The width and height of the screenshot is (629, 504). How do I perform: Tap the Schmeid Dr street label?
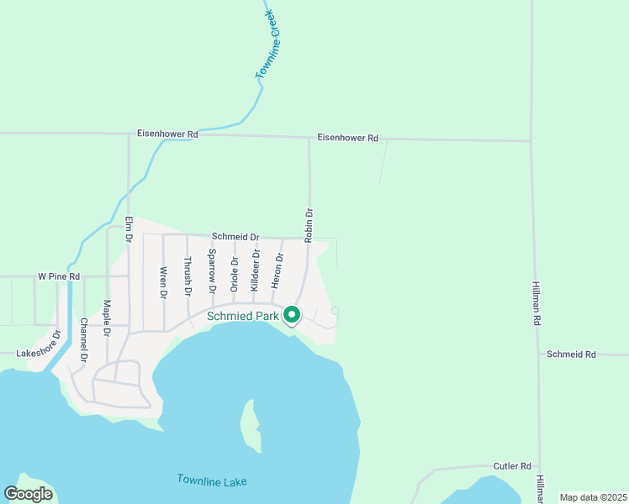[x=235, y=238]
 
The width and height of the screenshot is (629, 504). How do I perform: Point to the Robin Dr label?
[x=309, y=225]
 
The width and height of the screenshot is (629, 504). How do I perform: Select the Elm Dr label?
[x=129, y=230]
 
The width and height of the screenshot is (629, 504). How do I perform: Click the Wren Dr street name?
[x=163, y=282]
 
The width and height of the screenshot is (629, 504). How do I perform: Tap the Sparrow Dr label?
[x=212, y=271]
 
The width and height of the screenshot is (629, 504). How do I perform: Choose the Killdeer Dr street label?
[x=256, y=270]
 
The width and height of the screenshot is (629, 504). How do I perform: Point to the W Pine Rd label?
[x=59, y=276]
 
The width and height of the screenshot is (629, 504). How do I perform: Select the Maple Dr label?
[x=107, y=318]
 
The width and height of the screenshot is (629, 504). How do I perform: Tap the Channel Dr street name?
[x=83, y=340]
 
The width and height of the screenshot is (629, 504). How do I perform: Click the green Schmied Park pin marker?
[x=292, y=315]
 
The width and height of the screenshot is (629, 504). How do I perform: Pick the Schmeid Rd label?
[x=571, y=354]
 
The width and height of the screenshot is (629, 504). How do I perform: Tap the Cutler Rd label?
[x=513, y=466]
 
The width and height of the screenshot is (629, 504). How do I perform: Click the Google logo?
[x=28, y=495]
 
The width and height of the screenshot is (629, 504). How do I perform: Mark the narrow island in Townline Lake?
[x=250, y=423]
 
